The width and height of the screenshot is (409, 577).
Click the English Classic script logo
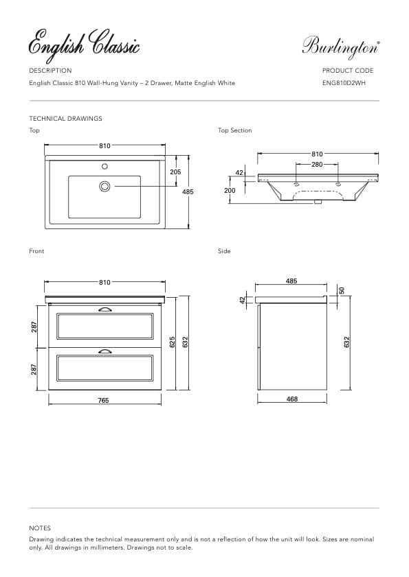tap(84, 45)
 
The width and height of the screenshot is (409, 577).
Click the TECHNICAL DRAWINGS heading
tap(65, 119)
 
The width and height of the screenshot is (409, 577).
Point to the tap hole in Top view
tap(105, 165)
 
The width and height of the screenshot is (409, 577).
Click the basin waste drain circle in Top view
tap(105, 185)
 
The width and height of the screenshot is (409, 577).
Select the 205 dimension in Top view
tap(175, 172)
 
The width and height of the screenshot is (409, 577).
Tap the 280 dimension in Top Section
tap(317, 165)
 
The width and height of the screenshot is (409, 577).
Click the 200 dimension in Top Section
tap(230, 190)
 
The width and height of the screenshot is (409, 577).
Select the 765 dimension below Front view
tap(104, 400)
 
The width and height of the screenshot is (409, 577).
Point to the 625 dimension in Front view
tap(173, 341)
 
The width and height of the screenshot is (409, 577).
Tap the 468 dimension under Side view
tap(291, 399)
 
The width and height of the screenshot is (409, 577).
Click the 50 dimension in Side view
tap(340, 290)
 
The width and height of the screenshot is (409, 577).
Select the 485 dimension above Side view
tap(291, 281)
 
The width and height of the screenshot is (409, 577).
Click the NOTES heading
tap(40, 528)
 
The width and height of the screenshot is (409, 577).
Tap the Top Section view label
tap(234, 130)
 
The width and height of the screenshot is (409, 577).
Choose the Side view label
tap(224, 251)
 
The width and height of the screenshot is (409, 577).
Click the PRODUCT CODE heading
tap(348, 71)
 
